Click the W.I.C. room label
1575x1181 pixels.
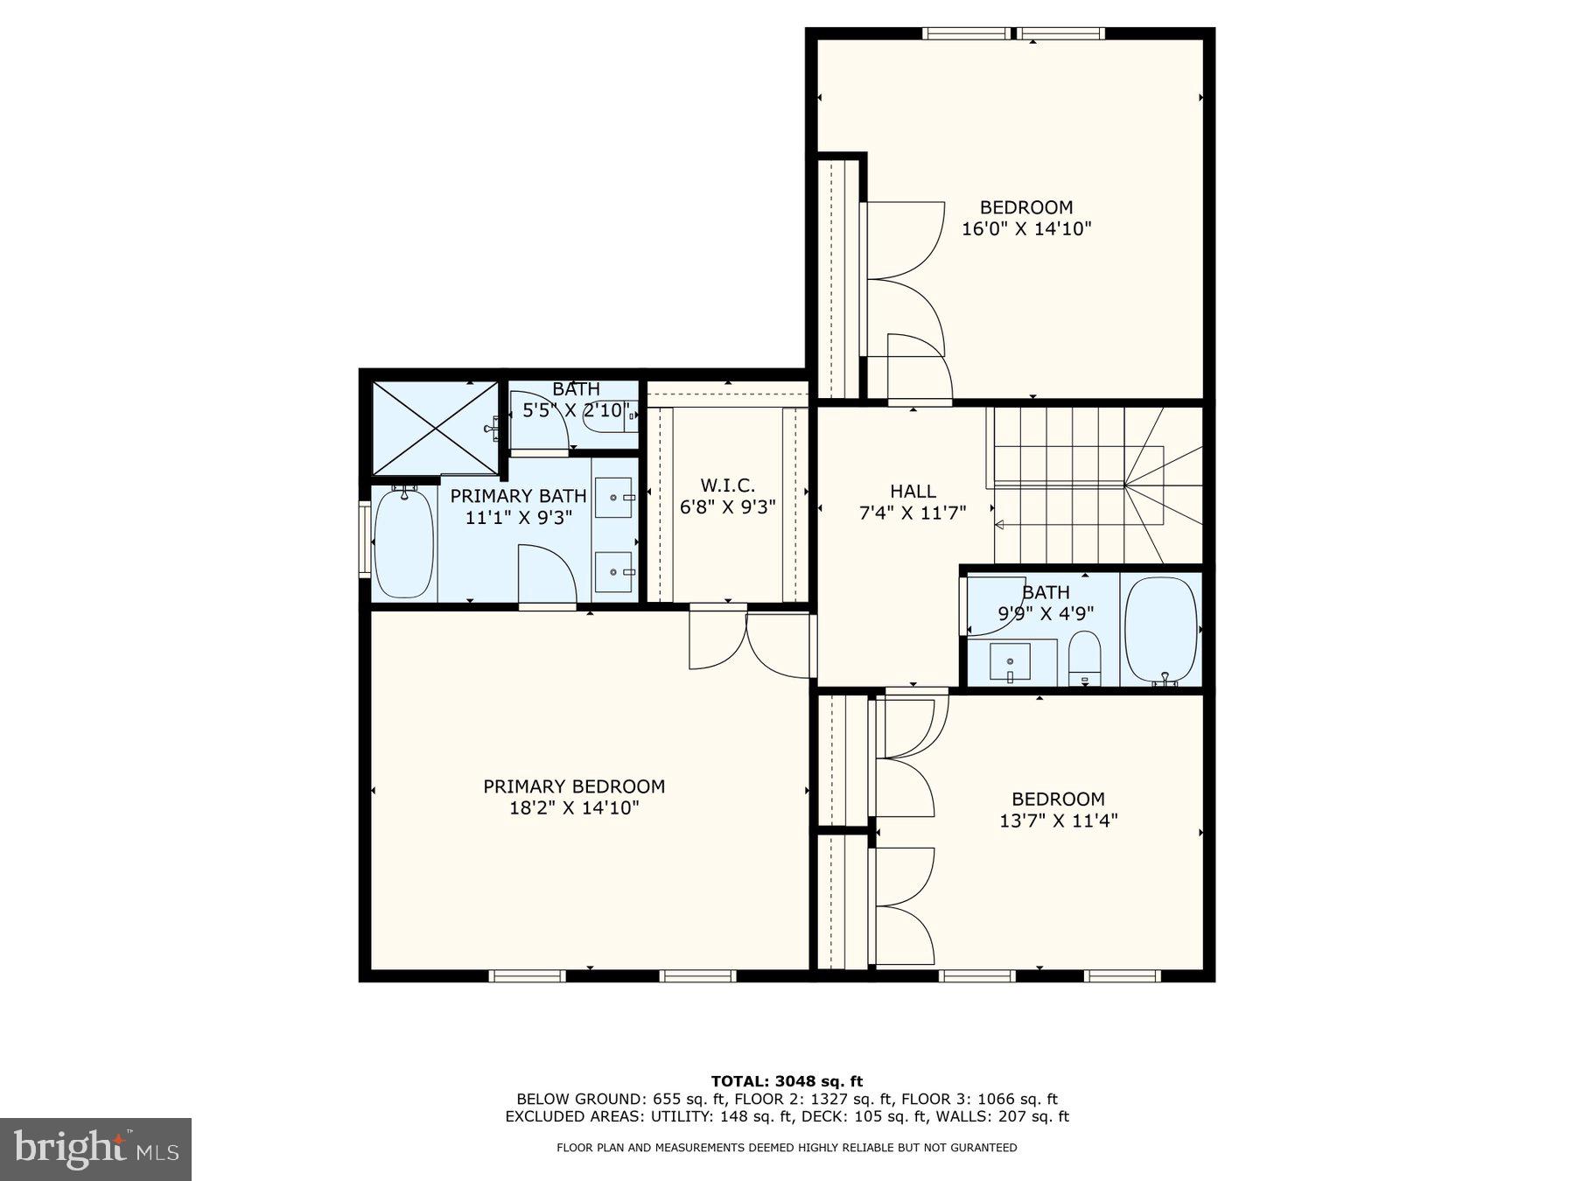coord(727,486)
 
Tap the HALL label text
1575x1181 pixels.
coord(913,492)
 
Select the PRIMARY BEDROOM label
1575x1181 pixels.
coord(574,786)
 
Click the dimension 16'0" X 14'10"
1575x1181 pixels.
coord(1026,229)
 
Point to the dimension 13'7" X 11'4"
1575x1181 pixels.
coord(1058,821)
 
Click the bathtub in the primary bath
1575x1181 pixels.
coord(403,543)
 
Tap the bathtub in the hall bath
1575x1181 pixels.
coord(1160,630)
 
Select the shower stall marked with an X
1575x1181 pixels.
coord(435,429)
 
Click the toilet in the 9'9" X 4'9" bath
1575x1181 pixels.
coord(1084,656)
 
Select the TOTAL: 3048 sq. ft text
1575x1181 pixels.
coord(787,1081)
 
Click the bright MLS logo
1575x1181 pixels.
coord(95,1149)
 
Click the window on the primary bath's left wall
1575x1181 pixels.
coord(365,539)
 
